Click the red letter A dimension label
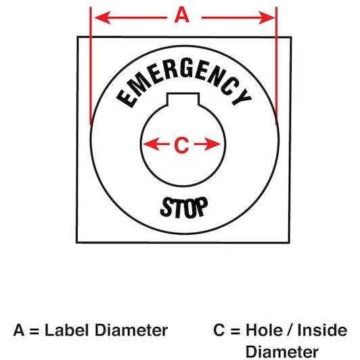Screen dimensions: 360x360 [x=182, y=15]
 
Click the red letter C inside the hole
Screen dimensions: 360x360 [x=181, y=145]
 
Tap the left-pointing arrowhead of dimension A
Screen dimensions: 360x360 [x=103, y=18]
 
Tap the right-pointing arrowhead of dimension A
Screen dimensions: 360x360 [x=267, y=18]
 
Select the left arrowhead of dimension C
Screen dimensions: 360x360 [x=151, y=144]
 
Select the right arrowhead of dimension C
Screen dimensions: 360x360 [x=212, y=144]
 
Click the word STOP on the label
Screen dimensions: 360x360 [x=184, y=207]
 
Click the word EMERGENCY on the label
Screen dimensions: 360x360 [x=183, y=81]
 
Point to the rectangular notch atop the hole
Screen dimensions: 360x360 [x=183, y=99]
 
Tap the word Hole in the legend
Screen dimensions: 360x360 [x=264, y=330]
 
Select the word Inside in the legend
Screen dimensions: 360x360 [x=322, y=330]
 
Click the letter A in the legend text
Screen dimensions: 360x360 [x=19, y=330]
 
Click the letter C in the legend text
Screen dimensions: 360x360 [x=219, y=330]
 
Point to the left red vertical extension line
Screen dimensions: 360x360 [x=91, y=66]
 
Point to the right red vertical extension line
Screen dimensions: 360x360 [x=276, y=66]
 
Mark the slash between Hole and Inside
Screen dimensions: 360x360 [x=290, y=330]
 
